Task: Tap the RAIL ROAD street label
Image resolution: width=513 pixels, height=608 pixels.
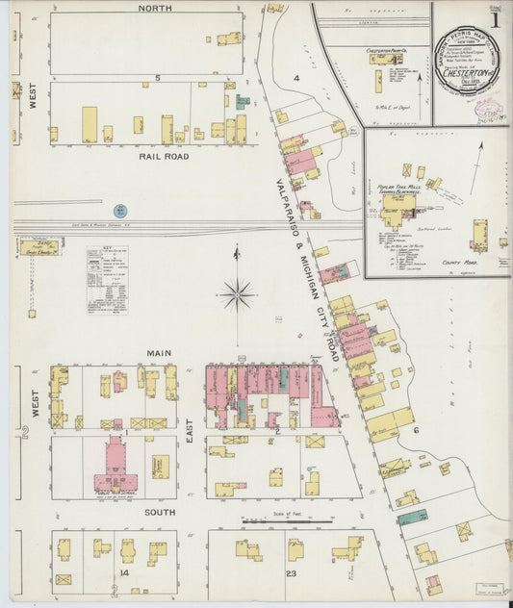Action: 165,156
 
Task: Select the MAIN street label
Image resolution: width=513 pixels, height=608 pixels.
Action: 159,353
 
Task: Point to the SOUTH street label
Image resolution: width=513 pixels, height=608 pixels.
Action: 159,513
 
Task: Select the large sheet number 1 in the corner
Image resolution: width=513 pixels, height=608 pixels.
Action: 494,19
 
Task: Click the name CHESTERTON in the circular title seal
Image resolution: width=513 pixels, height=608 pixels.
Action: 471,80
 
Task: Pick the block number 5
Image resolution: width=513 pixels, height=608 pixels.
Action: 155,76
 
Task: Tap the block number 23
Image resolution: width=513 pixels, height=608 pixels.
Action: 290,573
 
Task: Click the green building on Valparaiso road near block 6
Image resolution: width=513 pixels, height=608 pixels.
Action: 413,517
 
